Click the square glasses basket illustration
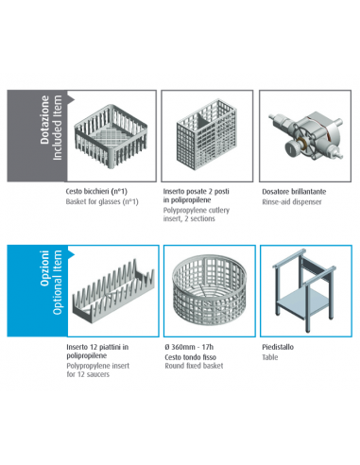pos(111,136)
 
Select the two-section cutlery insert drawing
pos(207,134)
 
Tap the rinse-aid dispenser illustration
pos(305,134)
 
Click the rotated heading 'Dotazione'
pos(44,120)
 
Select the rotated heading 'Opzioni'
pos(44,268)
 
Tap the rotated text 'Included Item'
pos(57,128)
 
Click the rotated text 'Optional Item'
pos(57,282)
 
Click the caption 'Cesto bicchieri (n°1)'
pos(96,191)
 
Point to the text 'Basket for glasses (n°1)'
pos(102,201)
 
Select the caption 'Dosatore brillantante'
pos(294,192)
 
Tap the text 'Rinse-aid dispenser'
pos(292,202)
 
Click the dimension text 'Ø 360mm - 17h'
pos(189,347)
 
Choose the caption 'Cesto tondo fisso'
pos(190,357)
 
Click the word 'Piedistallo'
pos(278,347)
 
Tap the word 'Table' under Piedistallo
pos(270,357)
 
